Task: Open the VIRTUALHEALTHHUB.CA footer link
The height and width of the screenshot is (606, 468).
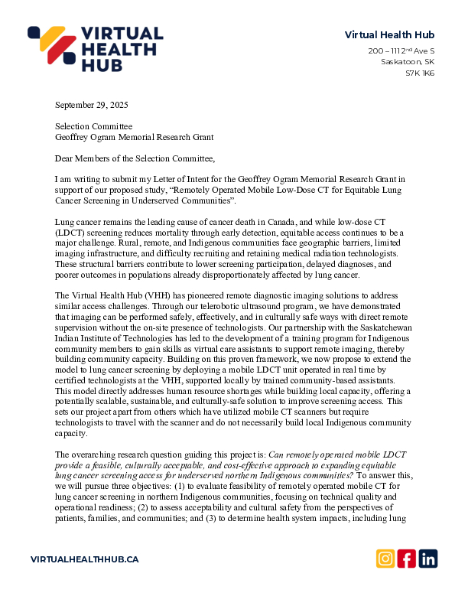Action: pos(85,559)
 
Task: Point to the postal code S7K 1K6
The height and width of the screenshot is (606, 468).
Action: pos(420,73)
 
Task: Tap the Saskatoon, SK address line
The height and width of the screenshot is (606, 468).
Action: pos(408,62)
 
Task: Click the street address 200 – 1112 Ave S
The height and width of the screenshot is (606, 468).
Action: pos(401,50)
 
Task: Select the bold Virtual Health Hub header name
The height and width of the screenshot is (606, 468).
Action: pos(389,34)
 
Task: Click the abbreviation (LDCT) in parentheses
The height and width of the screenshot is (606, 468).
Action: pos(71,231)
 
